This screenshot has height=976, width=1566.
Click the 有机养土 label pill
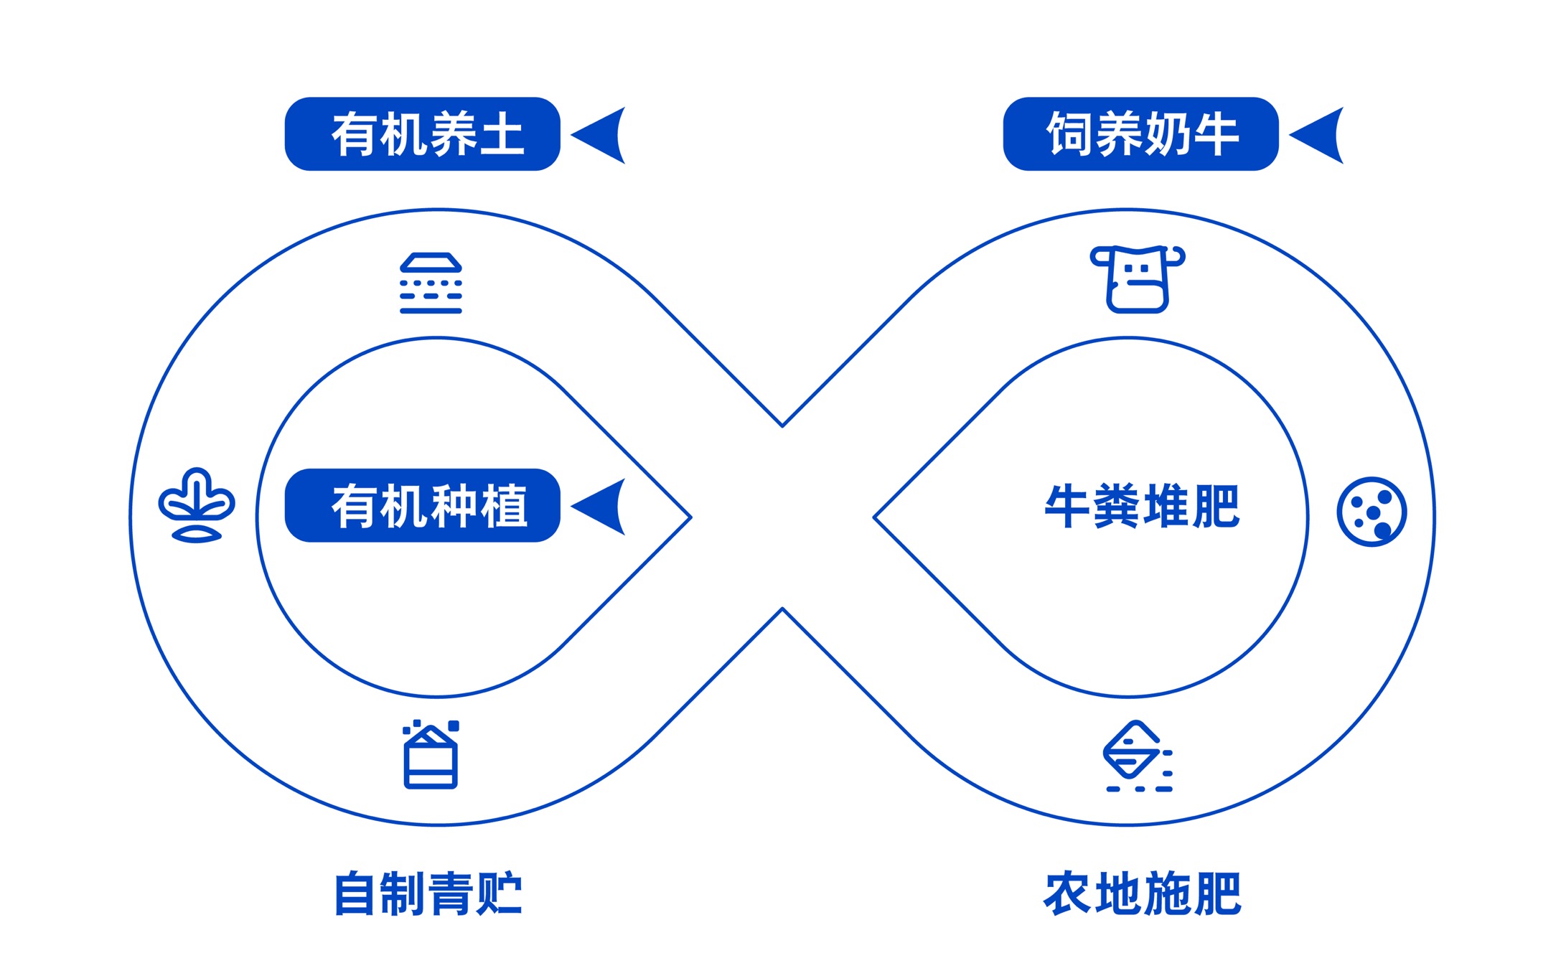point(422,134)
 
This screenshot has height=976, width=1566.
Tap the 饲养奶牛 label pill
point(1140,134)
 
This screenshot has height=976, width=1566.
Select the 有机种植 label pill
point(422,505)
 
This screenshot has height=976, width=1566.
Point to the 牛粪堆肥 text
point(1142,506)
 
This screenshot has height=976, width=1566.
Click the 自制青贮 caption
point(428,893)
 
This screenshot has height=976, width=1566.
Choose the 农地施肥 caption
point(1142,893)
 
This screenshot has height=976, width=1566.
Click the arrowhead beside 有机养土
point(599,135)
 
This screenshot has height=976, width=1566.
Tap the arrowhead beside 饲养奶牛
point(1318,135)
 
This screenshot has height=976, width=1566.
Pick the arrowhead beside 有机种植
point(599,507)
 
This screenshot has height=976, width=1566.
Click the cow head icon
point(1138,279)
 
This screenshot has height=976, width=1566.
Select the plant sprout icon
point(197,505)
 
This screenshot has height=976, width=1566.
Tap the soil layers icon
point(431,283)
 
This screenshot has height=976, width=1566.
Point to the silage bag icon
point(431,754)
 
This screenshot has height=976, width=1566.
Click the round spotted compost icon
point(1372,512)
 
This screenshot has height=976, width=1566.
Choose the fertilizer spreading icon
point(1138,756)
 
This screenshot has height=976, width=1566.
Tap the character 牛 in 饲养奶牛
point(1216,134)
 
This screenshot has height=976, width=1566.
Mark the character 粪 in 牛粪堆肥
point(1117,506)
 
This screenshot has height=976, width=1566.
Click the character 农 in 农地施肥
point(1068,893)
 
